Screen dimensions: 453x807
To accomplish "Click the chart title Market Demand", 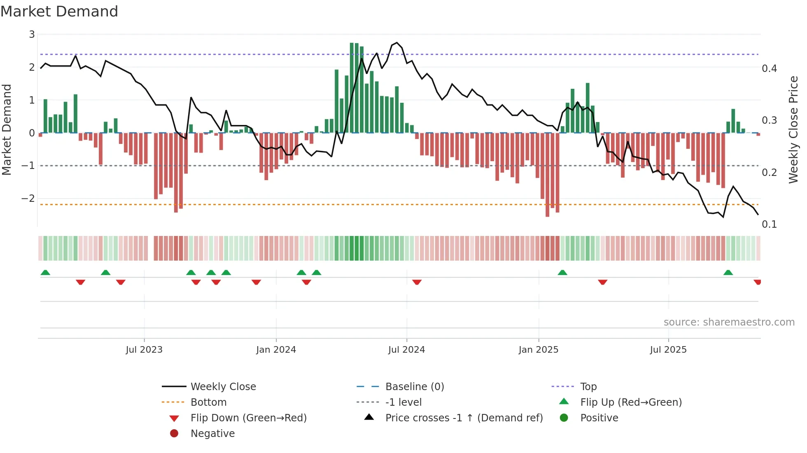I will (59, 12).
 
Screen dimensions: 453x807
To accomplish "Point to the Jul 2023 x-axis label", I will (144, 350).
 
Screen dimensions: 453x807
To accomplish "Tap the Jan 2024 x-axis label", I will (276, 350).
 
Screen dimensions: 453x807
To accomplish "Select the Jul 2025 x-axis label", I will (668, 350).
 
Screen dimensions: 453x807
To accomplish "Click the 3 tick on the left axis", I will (32, 35).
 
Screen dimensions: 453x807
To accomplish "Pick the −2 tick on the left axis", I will (28, 199).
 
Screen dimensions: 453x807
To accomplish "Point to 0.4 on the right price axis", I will (769, 69).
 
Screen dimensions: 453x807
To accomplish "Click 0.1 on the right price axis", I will (769, 224).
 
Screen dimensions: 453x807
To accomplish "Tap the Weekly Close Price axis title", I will (793, 129).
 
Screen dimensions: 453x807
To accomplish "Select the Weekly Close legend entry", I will (223, 387).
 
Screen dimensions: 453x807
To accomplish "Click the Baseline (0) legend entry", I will (414, 387).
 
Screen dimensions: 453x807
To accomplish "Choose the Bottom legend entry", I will (208, 402).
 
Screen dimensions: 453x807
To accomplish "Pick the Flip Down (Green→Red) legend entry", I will (248, 418).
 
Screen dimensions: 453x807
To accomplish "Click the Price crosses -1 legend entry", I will (464, 418).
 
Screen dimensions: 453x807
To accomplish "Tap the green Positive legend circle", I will (564, 418).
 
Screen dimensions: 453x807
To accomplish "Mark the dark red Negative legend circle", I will (174, 434).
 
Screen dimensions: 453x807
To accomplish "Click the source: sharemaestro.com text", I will (729, 322).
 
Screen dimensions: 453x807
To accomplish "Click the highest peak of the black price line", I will (397, 43).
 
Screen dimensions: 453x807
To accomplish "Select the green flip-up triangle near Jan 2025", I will (562, 273).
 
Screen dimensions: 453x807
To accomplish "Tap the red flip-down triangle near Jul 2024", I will (417, 282).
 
